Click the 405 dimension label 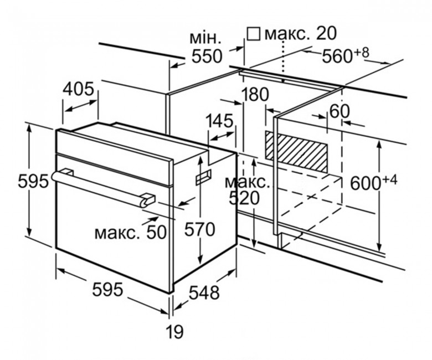point(79,89)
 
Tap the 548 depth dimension point(204,292)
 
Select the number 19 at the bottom point(175,332)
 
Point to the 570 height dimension point(199,229)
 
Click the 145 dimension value point(219,121)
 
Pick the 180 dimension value point(255,95)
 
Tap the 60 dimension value point(340,111)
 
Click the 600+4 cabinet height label point(374,182)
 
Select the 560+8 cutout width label point(345,55)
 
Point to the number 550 point(207,56)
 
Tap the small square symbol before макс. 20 point(254,34)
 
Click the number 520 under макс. point(244,198)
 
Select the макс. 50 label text point(131,232)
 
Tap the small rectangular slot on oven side point(203,177)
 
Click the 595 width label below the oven point(107,290)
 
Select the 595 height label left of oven point(33,182)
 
